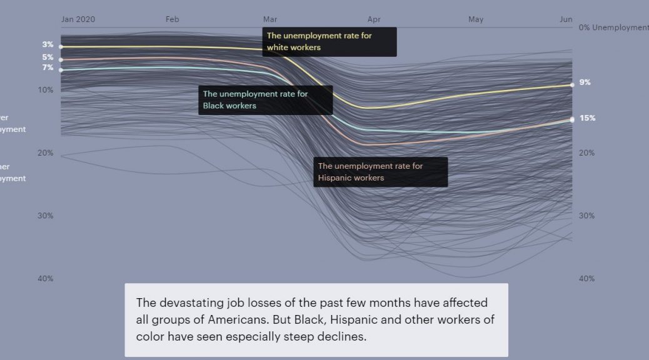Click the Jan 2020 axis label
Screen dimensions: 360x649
point(78,19)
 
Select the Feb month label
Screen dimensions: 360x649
point(173,19)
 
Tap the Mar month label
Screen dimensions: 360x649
point(270,19)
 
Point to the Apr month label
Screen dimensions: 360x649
point(374,19)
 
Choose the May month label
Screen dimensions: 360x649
point(476,19)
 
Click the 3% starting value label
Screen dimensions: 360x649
point(48,44)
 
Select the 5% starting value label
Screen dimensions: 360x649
point(48,57)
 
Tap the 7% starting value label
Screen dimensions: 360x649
point(48,67)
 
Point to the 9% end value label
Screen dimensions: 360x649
point(585,82)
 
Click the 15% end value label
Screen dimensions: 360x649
point(587,118)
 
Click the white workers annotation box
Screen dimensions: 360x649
point(330,42)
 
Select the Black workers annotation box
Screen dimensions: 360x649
point(257,100)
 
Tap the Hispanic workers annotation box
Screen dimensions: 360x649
point(381,172)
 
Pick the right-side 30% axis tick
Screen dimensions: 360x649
point(586,216)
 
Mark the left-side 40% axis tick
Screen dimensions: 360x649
point(45,278)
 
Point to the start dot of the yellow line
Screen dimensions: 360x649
point(61,46)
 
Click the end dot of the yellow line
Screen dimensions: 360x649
point(571,84)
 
